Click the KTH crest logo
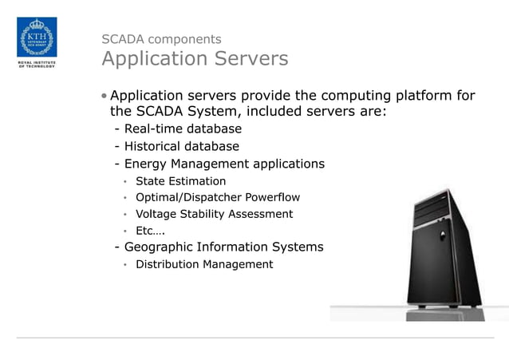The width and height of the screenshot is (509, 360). coord(37,37)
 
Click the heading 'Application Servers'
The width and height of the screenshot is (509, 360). coord(195,59)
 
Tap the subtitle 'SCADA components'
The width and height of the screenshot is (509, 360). coord(161,38)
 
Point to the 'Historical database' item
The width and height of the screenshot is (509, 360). coord(181,146)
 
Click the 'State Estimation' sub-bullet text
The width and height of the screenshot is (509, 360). coord(180,181)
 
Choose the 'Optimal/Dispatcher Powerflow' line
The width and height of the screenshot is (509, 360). coord(217,197)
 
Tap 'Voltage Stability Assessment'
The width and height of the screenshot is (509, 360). coord(214,214)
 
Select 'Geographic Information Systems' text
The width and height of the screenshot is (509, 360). coord(223,247)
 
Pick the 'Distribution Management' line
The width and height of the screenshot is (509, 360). coord(203,264)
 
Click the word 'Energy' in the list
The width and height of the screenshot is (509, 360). coord(146,164)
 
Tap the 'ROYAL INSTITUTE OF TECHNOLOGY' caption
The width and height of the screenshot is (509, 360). coord(37,64)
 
